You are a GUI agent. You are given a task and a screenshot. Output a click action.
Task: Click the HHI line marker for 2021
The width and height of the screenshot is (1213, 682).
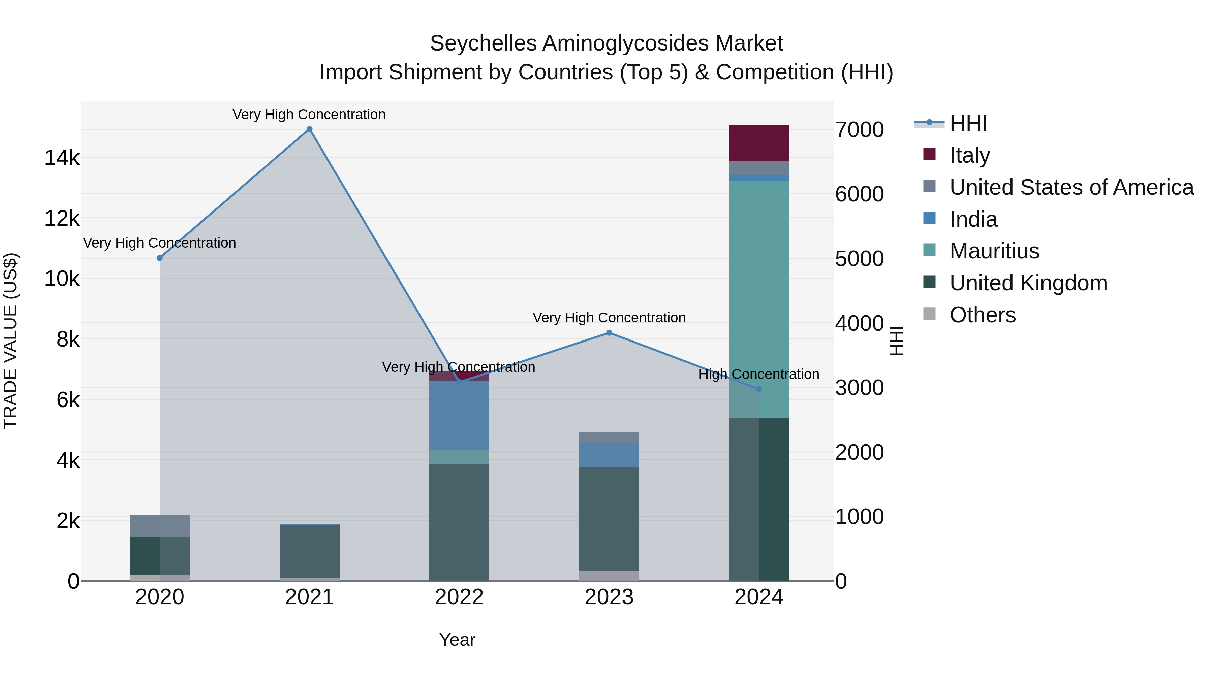click(309, 129)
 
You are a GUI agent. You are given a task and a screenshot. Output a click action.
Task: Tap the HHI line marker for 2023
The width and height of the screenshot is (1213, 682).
click(609, 333)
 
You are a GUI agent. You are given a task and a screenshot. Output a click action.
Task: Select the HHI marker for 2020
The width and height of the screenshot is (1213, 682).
click(160, 258)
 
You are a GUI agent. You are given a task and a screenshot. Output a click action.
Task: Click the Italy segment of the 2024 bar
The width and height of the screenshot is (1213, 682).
click(758, 143)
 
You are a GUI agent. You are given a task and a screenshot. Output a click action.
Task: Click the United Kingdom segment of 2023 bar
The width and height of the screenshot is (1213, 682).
click(609, 518)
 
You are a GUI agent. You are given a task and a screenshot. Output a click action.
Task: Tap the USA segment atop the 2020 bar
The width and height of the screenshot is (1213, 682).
click(160, 526)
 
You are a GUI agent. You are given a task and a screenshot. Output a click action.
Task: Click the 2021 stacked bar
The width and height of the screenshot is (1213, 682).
click(309, 551)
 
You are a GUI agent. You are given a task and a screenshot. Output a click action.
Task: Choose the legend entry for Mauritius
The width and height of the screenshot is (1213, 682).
click(994, 251)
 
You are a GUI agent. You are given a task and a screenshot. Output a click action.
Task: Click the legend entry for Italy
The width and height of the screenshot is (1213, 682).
click(969, 155)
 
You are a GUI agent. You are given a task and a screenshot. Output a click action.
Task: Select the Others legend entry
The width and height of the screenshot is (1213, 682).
click(982, 315)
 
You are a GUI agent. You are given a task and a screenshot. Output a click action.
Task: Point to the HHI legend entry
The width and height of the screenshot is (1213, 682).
click(968, 123)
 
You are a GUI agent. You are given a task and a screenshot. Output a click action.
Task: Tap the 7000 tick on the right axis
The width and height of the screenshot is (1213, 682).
click(859, 130)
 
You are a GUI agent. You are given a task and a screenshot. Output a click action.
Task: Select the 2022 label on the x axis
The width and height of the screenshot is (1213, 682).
click(459, 597)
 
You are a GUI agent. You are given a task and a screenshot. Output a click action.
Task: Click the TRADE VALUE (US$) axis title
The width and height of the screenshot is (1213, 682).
click(10, 341)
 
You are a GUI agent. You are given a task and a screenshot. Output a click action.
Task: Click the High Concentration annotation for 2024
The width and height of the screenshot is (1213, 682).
click(758, 374)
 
